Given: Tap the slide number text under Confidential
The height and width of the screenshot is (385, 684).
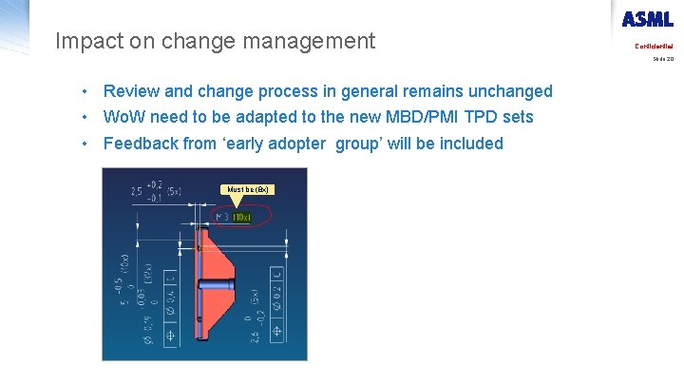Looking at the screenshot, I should pos(662,59).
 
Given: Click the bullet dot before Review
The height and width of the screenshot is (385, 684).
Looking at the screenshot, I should pos(85,91).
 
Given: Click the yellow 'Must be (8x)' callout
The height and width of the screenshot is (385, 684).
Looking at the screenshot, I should pos(249,189).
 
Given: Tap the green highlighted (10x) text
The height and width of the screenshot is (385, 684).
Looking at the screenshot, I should pos(241,217).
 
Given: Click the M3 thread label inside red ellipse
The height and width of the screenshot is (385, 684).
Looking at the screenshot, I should pos(223,217).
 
